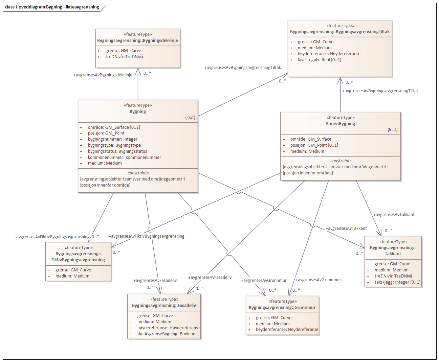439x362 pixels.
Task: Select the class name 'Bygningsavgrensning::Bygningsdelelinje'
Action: point(137,41)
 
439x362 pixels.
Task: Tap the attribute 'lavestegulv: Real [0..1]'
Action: point(319,60)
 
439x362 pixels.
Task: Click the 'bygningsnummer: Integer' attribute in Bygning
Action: point(112,139)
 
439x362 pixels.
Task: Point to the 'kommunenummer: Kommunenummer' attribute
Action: point(124,158)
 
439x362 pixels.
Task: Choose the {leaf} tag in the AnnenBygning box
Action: point(392,130)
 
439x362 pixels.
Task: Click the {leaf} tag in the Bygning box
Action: point(190,118)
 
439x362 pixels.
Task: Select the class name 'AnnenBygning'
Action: point(340,124)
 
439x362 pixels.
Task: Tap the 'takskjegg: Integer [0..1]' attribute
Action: point(397,282)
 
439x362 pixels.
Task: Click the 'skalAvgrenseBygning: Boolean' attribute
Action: point(166,334)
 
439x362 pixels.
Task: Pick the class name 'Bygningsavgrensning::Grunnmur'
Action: point(282,308)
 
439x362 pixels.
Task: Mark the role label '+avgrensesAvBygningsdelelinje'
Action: point(103,75)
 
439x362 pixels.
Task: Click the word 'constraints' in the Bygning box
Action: point(138,173)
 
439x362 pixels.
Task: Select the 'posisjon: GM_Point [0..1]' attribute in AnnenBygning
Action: point(314,145)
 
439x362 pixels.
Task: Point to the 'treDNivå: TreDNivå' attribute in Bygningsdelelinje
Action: point(124,57)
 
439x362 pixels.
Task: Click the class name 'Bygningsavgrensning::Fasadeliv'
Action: point(164,306)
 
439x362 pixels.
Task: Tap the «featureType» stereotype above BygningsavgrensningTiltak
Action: point(340,26)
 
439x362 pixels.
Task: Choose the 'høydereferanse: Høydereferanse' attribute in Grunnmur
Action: point(287,330)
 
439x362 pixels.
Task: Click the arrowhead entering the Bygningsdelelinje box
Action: point(138,71)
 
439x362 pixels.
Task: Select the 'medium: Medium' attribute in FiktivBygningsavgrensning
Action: point(72,276)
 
